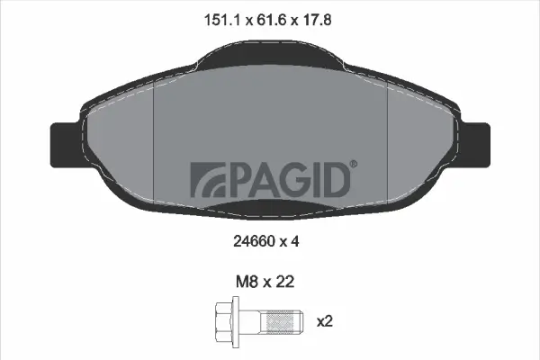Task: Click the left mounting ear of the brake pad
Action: [x=64, y=141]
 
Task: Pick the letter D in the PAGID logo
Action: [x=335, y=179]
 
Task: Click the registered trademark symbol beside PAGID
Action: [x=353, y=164]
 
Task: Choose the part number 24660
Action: [x=252, y=240]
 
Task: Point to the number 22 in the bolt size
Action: [x=286, y=282]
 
